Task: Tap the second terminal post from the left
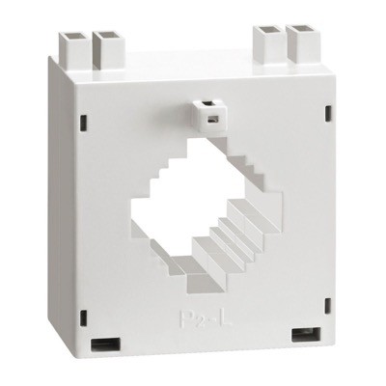(x=104, y=45)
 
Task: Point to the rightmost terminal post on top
(x=300, y=43)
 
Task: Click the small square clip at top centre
(x=206, y=113)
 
